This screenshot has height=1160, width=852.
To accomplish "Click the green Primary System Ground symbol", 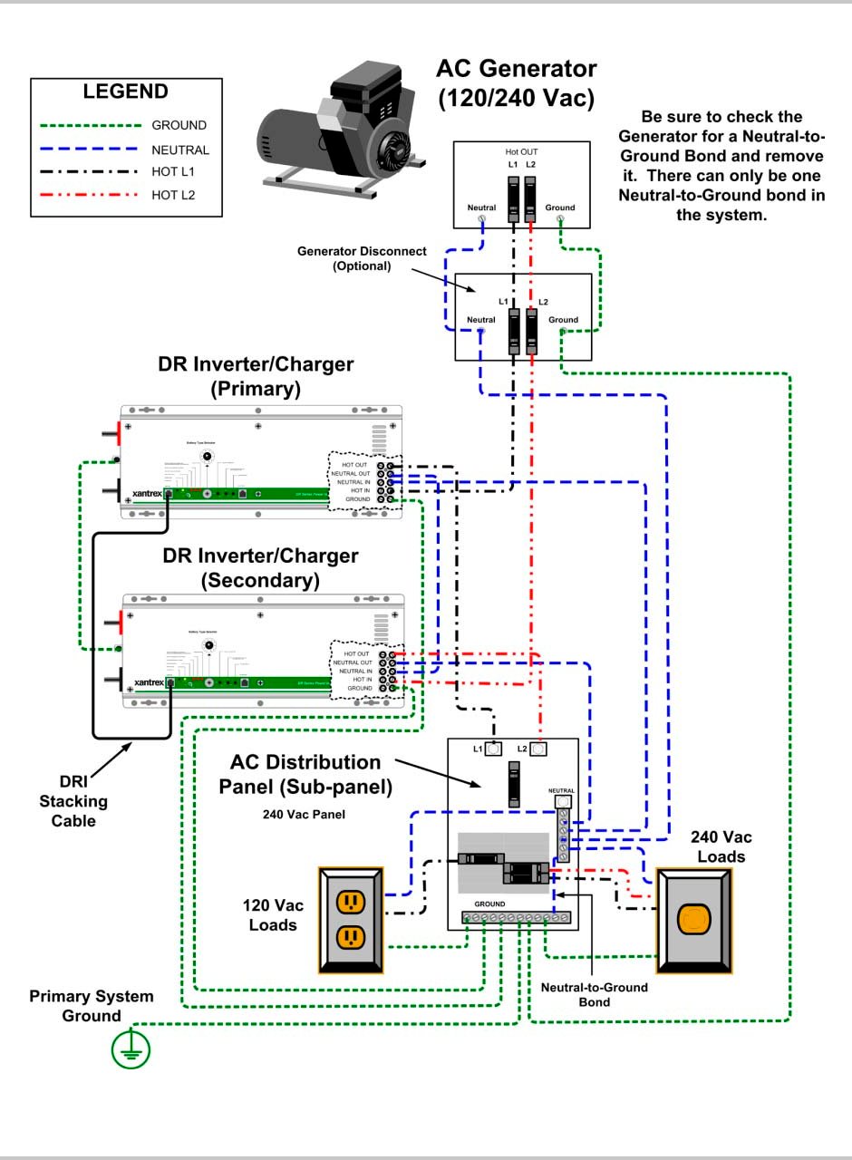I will pos(131,1049).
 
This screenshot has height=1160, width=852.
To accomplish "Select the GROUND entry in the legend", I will pos(179,126).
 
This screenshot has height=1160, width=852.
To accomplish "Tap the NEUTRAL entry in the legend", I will pos(179,150).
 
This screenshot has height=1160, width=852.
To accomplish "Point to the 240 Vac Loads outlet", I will pos(693,920).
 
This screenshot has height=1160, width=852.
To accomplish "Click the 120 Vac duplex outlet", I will pos(351,920).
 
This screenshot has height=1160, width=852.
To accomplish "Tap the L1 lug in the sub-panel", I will pos(494,749).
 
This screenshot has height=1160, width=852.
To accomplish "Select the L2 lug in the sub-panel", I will pos(539,749).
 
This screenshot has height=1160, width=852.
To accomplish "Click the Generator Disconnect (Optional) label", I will pos(361,258).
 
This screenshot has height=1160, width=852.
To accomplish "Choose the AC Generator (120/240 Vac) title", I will pos(516,82).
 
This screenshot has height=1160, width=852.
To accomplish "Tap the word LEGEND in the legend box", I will pos(125,92).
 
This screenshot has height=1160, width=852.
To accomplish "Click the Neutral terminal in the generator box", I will pos(482,218).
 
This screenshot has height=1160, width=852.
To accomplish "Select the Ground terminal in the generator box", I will pos(560,218).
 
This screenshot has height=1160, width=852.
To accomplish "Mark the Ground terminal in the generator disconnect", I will pos(563,332).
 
